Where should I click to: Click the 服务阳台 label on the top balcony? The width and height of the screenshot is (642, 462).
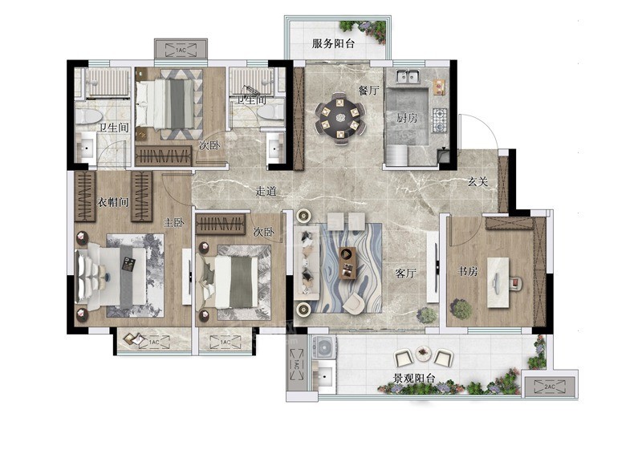(333, 43)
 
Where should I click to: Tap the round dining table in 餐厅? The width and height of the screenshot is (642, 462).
(339, 118)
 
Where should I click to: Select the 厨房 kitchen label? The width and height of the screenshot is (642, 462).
(407, 118)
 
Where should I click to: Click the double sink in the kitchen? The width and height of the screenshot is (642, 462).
(408, 76)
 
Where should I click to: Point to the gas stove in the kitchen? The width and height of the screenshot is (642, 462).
(439, 120)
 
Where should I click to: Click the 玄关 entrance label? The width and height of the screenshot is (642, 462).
(477, 181)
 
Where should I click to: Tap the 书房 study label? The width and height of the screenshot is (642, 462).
(467, 271)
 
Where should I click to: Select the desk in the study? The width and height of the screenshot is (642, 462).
(498, 282)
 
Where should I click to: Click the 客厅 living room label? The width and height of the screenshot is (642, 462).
(405, 273)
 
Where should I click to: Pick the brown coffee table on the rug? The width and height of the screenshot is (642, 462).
(348, 263)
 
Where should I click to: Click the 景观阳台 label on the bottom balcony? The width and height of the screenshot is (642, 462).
(413, 378)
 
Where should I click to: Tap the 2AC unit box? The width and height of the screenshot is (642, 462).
(550, 387)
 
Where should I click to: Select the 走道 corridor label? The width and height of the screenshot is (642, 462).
(266, 191)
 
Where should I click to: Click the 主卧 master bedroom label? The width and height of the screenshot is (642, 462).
(173, 222)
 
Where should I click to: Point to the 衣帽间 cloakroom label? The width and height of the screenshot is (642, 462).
(112, 202)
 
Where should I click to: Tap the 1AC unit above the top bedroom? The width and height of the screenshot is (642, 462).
(181, 50)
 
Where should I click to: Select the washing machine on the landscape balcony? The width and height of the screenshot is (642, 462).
(324, 347)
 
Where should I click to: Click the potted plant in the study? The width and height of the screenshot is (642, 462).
(461, 309)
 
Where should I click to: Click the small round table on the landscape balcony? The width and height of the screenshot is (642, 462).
(423, 352)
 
